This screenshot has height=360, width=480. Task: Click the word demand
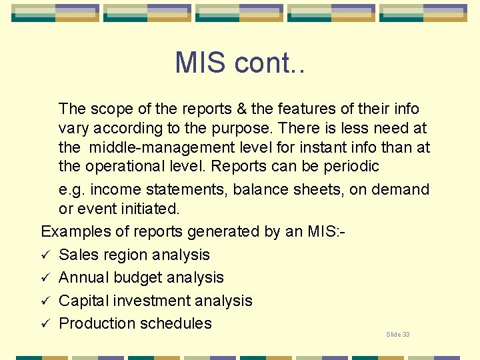click(x=401, y=189)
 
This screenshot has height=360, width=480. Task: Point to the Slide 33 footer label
click(x=398, y=334)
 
